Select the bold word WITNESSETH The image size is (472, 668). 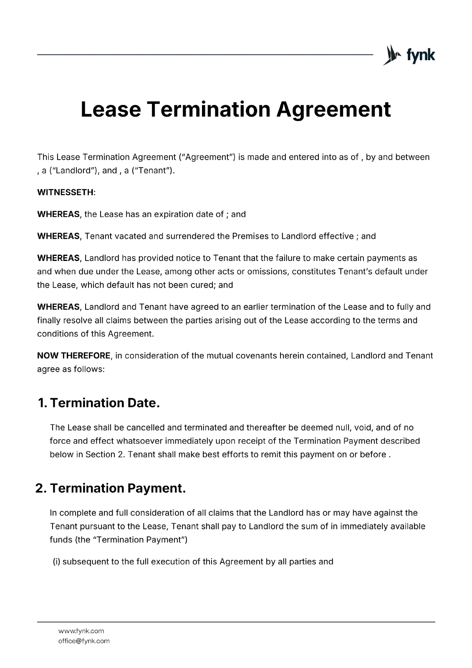pos(66,192)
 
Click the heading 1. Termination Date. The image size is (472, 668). pos(99,403)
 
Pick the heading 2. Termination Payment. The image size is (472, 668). pos(111,488)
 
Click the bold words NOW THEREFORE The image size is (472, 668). pos(74,356)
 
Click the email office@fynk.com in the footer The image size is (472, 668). pos(83,641)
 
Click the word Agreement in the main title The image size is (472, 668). pos(334,109)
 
